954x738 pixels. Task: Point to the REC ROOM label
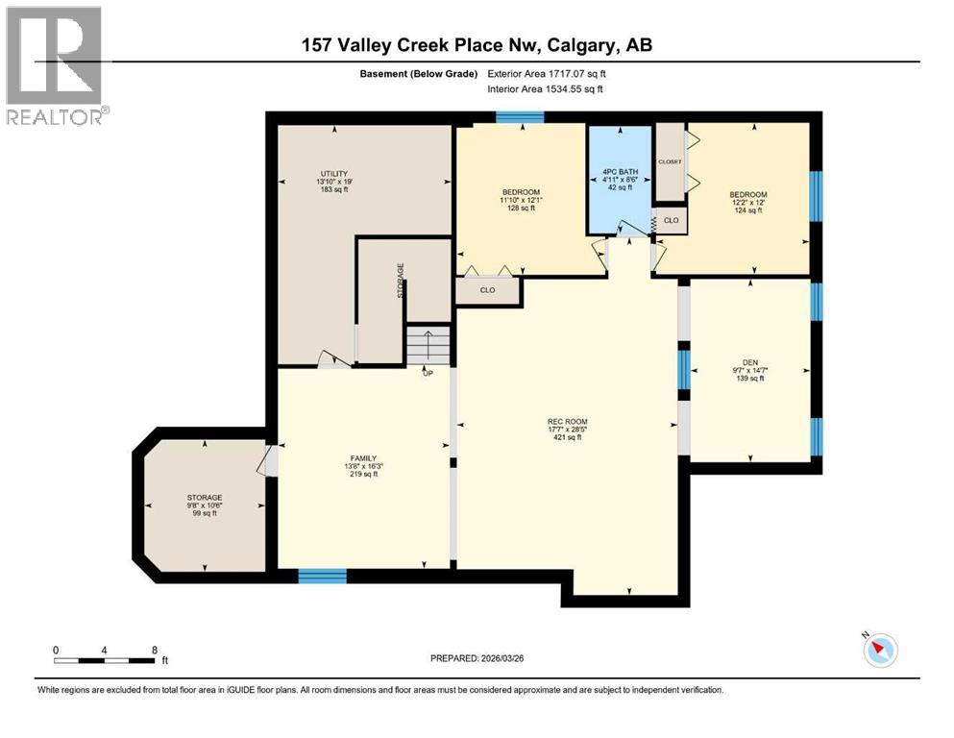(x=567, y=422)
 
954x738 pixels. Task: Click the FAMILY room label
(x=362, y=458)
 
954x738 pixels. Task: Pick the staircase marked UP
(x=428, y=346)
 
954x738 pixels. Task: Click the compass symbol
(x=880, y=651)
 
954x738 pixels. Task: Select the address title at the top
(x=476, y=45)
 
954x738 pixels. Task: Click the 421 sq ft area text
(x=567, y=438)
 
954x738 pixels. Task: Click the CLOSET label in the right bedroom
(x=670, y=161)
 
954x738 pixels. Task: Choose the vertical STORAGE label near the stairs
(x=401, y=281)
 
